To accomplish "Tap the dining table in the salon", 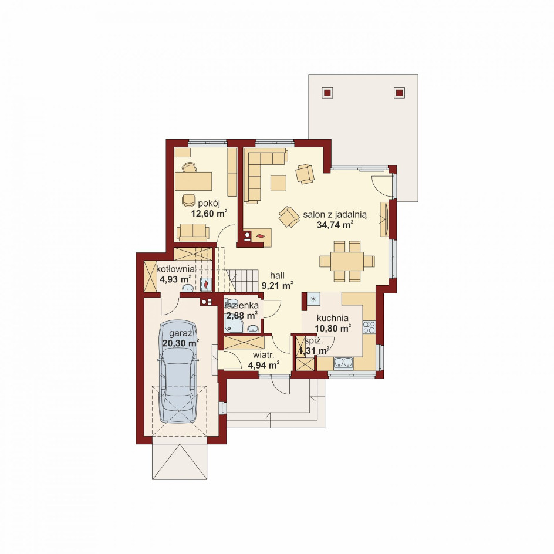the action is click(x=347, y=261).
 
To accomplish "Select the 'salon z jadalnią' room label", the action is click(x=335, y=214).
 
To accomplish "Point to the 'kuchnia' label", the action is click(x=333, y=318).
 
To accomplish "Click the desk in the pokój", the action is click(x=193, y=181).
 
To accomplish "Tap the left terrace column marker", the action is click(x=327, y=93).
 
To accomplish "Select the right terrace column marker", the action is click(x=399, y=93).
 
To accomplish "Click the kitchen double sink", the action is click(x=343, y=363).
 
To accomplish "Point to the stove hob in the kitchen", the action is click(x=369, y=327).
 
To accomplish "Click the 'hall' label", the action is click(x=278, y=275).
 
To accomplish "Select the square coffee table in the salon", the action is click(x=279, y=183).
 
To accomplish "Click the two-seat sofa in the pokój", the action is click(x=193, y=232).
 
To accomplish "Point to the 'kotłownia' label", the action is click(x=175, y=269).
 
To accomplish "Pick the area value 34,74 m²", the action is click(x=335, y=225).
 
